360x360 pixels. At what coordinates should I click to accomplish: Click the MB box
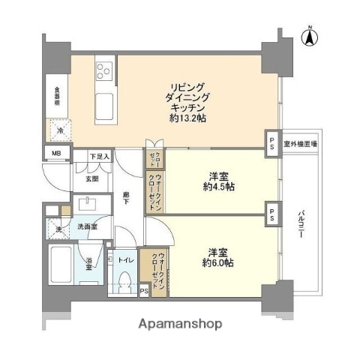[x=57, y=155]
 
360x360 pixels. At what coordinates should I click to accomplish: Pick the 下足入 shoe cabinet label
[x=99, y=157]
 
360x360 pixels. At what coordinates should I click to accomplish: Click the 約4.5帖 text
[x=218, y=187]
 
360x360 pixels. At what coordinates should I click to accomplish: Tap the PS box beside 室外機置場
[x=271, y=143]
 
